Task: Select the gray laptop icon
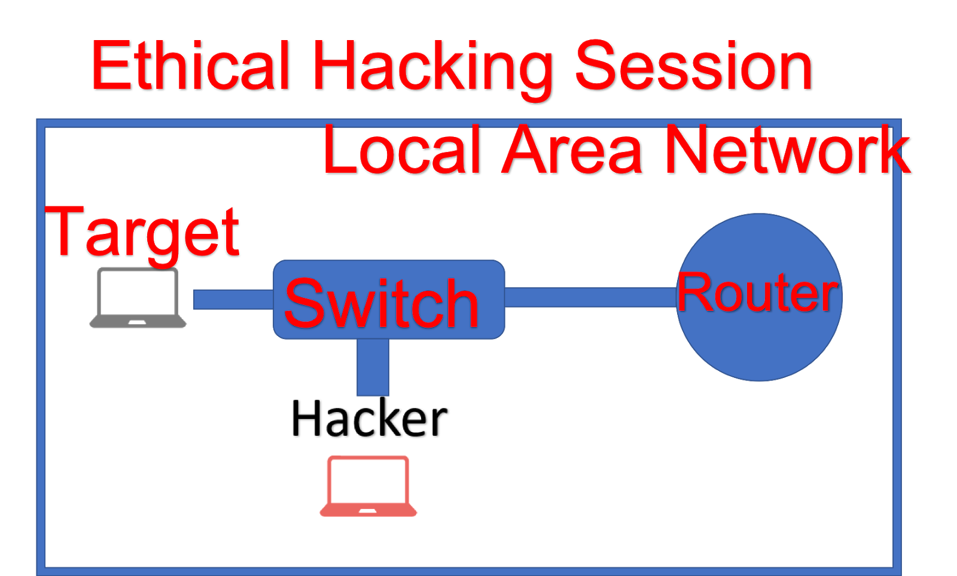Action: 138,297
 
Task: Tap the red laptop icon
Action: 368,486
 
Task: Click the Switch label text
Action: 382,304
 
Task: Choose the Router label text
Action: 758,292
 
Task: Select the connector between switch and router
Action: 589,297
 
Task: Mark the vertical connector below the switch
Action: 373,368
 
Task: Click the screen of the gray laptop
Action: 138,293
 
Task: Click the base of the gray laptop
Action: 138,323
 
